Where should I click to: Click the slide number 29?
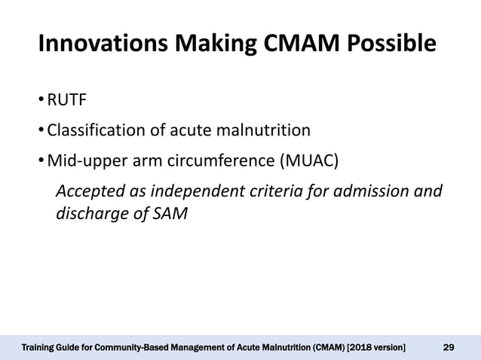point(448,347)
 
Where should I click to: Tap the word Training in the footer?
point(38,347)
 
